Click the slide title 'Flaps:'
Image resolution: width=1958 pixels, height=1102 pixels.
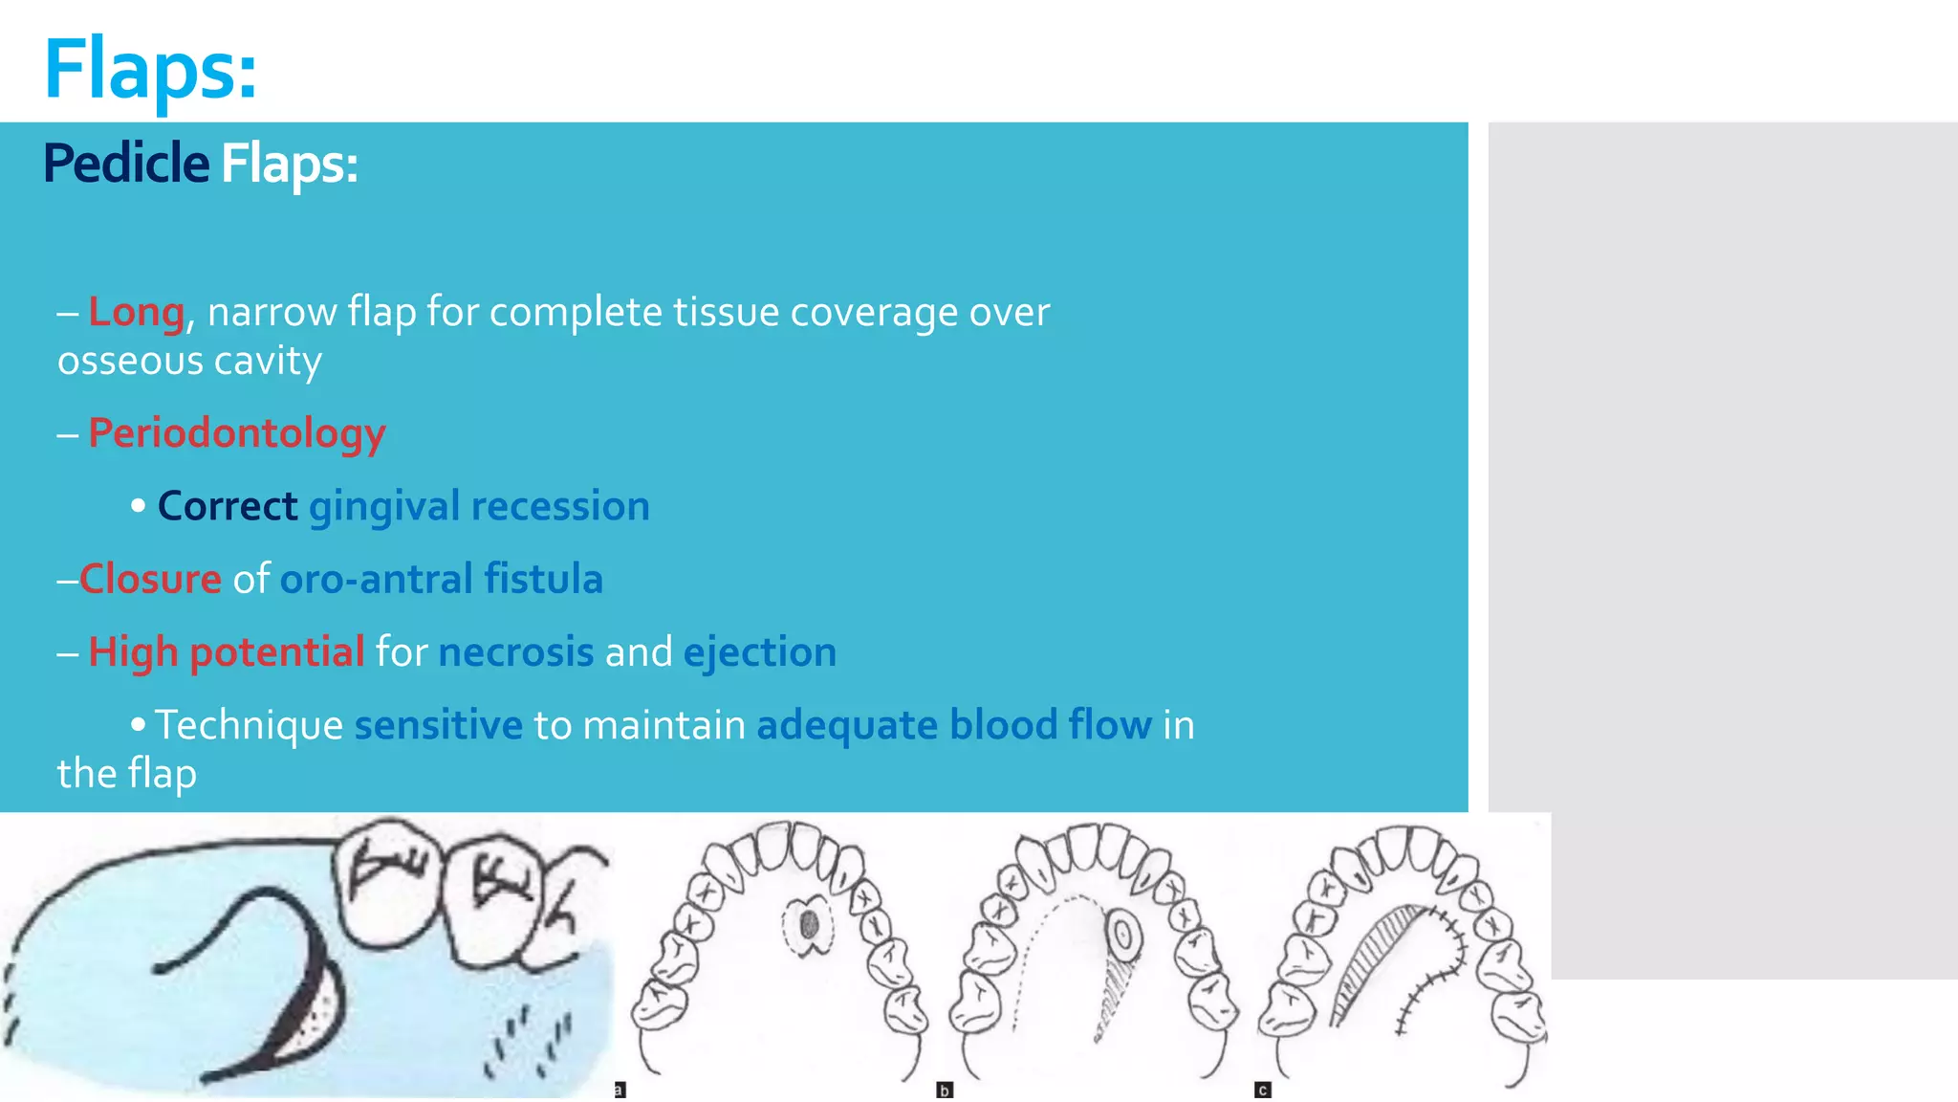150,69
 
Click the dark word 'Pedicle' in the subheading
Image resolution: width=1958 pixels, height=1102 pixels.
125,164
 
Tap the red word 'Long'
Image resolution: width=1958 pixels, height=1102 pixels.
136,312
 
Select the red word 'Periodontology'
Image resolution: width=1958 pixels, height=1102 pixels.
236,433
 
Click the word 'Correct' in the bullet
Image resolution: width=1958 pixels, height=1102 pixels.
228,506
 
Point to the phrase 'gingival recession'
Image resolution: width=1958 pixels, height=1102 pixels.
479,506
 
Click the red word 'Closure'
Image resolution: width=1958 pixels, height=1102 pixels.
150,579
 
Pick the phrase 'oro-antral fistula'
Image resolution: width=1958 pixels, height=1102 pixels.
441,579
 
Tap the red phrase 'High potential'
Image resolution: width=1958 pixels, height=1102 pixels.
226,651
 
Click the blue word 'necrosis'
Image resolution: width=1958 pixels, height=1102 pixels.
516,651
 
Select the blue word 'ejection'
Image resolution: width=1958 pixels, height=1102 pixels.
759,651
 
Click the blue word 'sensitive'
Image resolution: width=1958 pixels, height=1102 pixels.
439,725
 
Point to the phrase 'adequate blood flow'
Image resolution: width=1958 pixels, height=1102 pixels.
953,725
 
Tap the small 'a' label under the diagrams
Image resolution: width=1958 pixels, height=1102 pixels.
620,1090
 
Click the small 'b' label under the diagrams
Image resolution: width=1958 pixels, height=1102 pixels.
945,1090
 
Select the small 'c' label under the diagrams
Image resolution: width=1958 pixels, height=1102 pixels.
1263,1090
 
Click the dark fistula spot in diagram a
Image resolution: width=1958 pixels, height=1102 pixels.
809,924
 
